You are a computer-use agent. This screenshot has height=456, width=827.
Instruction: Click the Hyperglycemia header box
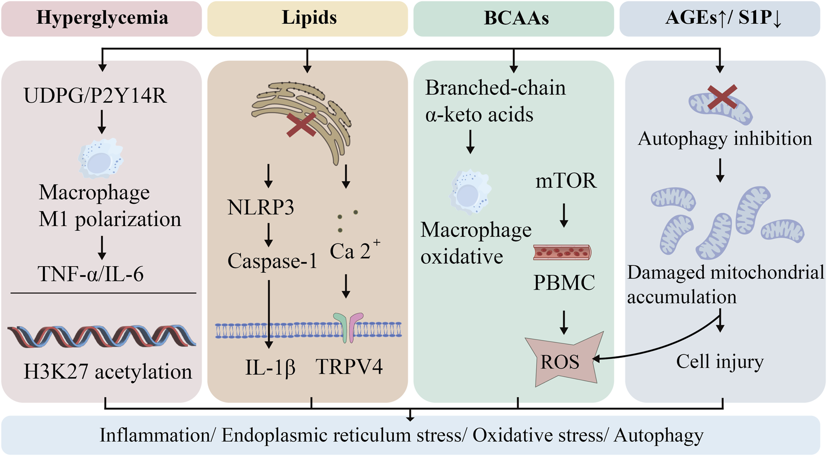(x=102, y=19)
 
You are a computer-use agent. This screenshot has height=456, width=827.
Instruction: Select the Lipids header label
(x=308, y=18)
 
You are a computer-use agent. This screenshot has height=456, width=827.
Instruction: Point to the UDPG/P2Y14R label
(x=95, y=96)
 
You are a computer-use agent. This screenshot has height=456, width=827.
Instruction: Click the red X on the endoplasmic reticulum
(x=301, y=125)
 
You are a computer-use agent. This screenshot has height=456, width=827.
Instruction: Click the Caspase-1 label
(x=272, y=261)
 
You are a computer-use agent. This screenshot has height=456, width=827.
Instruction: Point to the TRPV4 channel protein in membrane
(x=348, y=328)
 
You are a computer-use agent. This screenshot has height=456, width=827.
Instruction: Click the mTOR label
(x=566, y=181)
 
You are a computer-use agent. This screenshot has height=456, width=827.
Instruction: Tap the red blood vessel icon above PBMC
(x=562, y=253)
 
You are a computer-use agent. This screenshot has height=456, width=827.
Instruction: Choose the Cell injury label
(x=720, y=362)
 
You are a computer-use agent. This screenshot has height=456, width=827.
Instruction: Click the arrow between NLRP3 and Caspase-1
(x=268, y=235)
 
